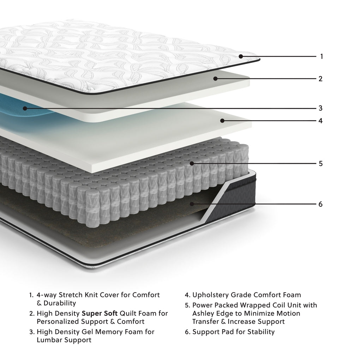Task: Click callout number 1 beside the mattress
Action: click(x=321, y=56)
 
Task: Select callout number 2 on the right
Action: click(x=320, y=79)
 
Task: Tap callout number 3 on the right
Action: click(x=320, y=108)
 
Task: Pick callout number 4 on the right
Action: click(x=320, y=121)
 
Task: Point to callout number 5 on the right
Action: click(x=320, y=164)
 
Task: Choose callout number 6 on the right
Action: click(x=320, y=204)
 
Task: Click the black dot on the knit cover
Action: click(x=241, y=56)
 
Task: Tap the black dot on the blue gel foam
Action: click(x=25, y=108)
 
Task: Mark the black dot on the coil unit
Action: click(x=192, y=163)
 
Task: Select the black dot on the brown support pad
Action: click(x=192, y=204)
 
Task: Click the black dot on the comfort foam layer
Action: click(x=222, y=121)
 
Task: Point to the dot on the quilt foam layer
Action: click(x=215, y=78)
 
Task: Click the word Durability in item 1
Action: click(x=59, y=303)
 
